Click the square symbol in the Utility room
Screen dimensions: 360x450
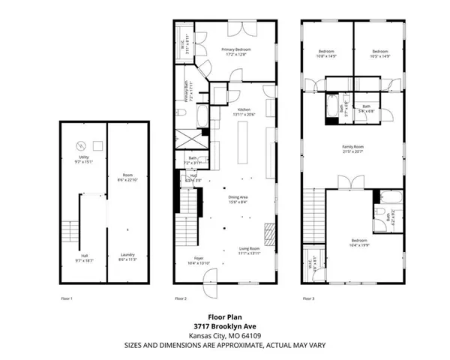coord(97,145)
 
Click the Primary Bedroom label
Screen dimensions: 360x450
coord(235,52)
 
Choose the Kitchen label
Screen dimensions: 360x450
coord(244,112)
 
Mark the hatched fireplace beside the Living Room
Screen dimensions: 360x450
coord(271,229)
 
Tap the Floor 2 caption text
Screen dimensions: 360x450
coord(180,298)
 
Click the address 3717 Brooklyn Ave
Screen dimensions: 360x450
coord(224,327)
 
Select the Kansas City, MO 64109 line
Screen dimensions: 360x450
coord(224,336)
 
